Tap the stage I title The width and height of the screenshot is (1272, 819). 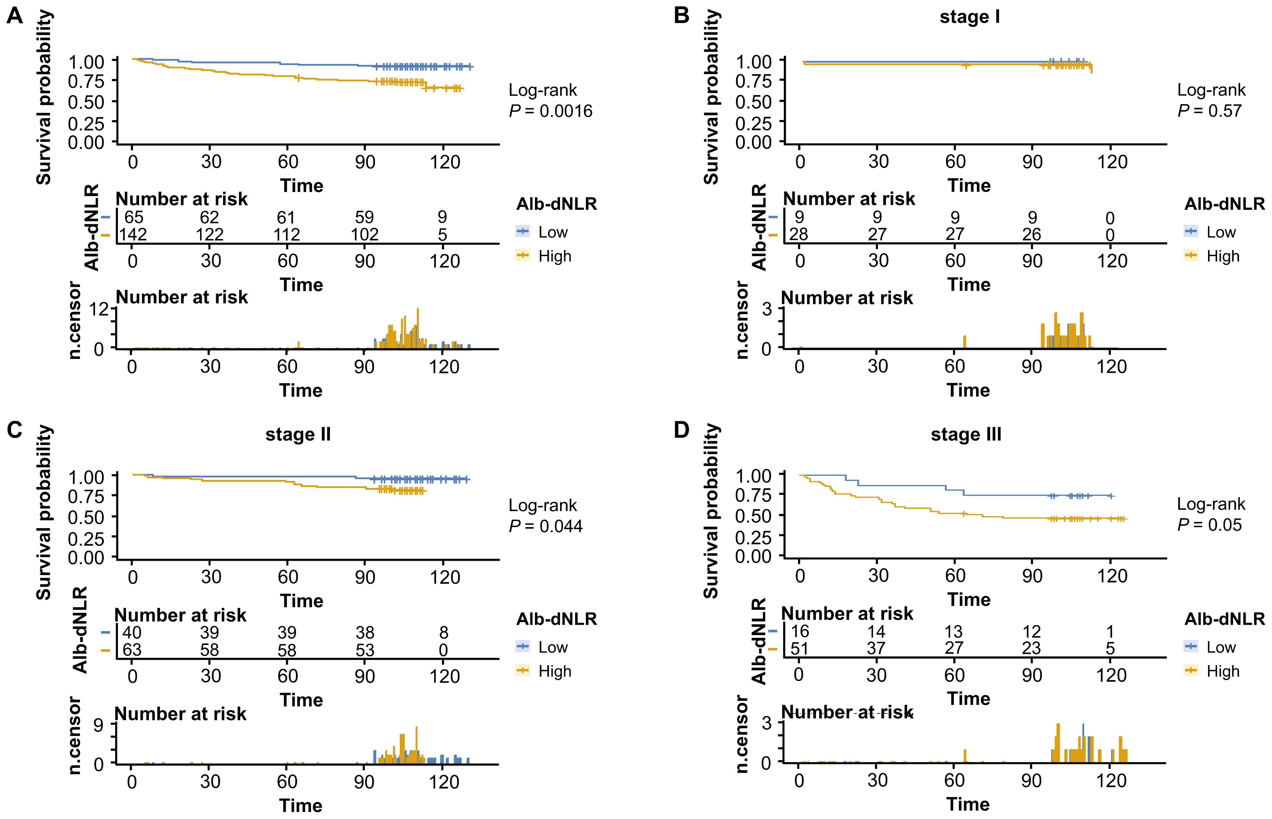pyautogui.click(x=969, y=17)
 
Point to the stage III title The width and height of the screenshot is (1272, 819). pyautogui.click(x=966, y=435)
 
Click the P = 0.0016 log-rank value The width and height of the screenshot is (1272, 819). pyautogui.click(x=550, y=111)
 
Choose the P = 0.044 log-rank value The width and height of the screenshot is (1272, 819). pyautogui.click(x=546, y=526)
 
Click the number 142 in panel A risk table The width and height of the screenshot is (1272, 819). pyautogui.click(x=133, y=235)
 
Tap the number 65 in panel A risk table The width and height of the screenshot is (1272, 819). pyautogui.click(x=134, y=217)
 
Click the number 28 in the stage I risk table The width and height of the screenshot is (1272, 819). pyautogui.click(x=799, y=235)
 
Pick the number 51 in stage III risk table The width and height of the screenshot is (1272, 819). pyautogui.click(x=799, y=648)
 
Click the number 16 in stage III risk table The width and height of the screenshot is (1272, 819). pyautogui.click(x=800, y=631)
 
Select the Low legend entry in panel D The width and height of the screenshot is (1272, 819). pyautogui.click(x=1221, y=647)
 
